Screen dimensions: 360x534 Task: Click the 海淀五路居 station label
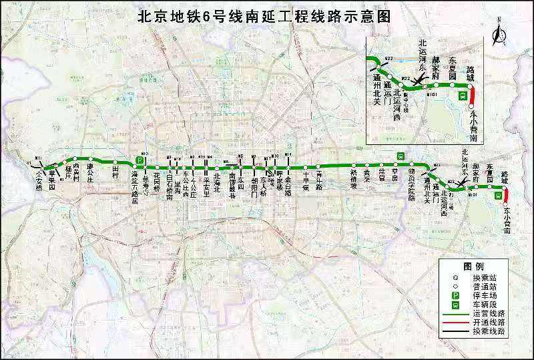(x=134, y=184)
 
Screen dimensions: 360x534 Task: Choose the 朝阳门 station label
(x=254, y=180)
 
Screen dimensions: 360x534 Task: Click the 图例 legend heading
(x=473, y=266)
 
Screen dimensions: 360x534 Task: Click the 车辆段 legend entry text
(x=481, y=304)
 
